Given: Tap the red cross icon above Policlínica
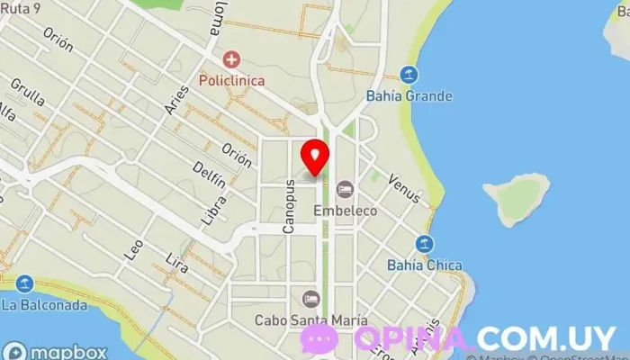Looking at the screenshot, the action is (232, 60).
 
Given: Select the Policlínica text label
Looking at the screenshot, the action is (232, 80).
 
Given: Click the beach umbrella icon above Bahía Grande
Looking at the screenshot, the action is (409, 75).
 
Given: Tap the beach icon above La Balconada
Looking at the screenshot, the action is (25, 285).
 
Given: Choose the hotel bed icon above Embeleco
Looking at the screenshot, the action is (344, 190).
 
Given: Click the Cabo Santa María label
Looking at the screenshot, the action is (310, 319).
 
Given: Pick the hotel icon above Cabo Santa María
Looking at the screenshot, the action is (310, 299).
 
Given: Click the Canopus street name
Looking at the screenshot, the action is (290, 206).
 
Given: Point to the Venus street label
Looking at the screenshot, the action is (404, 184).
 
